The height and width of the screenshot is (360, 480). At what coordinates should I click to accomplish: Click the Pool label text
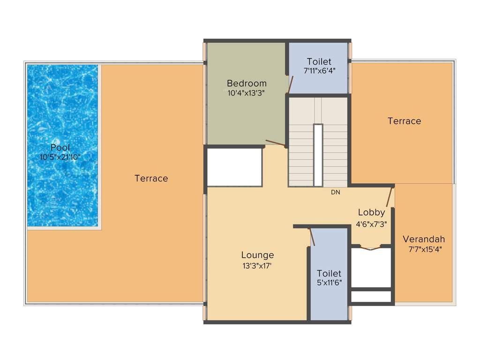[x=60, y=148]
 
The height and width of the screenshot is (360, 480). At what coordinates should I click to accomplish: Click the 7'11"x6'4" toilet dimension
[x=319, y=71]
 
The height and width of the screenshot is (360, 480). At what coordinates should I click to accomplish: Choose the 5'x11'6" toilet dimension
[x=329, y=283]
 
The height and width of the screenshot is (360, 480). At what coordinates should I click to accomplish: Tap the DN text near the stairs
[x=335, y=192]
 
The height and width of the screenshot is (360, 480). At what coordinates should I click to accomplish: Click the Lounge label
[x=257, y=255]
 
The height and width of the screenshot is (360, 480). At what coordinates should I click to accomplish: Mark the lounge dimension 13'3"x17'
[x=257, y=265]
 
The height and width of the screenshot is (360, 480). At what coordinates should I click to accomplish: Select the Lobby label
[x=371, y=212]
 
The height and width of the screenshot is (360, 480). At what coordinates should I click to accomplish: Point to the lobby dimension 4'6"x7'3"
[x=371, y=224]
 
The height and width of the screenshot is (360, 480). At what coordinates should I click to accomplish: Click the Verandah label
[x=424, y=239]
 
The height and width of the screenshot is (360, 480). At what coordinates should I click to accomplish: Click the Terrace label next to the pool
[x=151, y=178]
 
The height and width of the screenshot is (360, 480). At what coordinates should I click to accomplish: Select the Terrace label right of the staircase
[x=404, y=121]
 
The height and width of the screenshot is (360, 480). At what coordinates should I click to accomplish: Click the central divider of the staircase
[x=318, y=155]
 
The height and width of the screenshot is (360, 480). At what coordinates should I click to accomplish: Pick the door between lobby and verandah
[x=389, y=197]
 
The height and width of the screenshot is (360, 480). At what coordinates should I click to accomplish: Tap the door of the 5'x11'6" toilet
[x=312, y=237]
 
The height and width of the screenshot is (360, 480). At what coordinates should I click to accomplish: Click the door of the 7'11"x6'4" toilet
[x=291, y=85]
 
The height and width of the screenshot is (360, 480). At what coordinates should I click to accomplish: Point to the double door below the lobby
[x=371, y=247]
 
